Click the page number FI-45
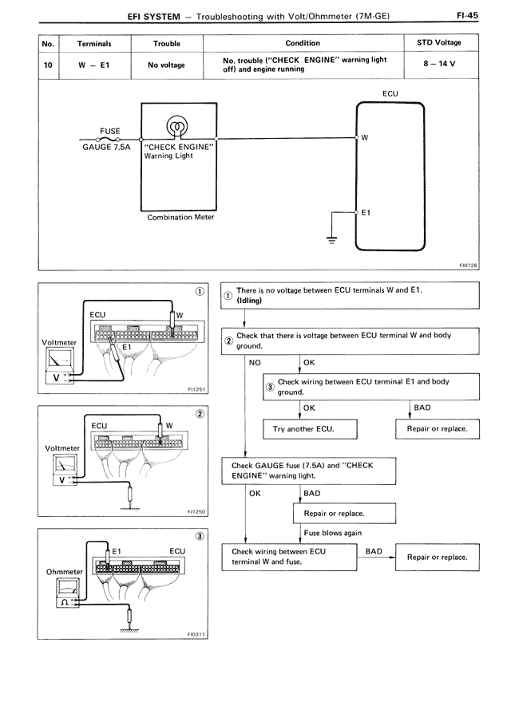(467, 15)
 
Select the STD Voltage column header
(438, 42)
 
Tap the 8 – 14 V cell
(439, 64)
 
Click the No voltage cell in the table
(166, 65)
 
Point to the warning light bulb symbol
(177, 125)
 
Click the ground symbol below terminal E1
(331, 239)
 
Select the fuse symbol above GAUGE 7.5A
(108, 139)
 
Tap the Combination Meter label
(180, 217)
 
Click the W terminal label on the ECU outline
(365, 137)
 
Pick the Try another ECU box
(310, 429)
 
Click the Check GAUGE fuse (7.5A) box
(308, 471)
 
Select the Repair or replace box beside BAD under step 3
(438, 429)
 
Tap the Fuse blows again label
(332, 533)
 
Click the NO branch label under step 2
(255, 362)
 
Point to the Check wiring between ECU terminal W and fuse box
(289, 557)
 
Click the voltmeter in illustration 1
(59, 365)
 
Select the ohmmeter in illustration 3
(68, 593)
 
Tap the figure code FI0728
(469, 265)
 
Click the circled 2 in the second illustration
(200, 414)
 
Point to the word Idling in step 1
(249, 301)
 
